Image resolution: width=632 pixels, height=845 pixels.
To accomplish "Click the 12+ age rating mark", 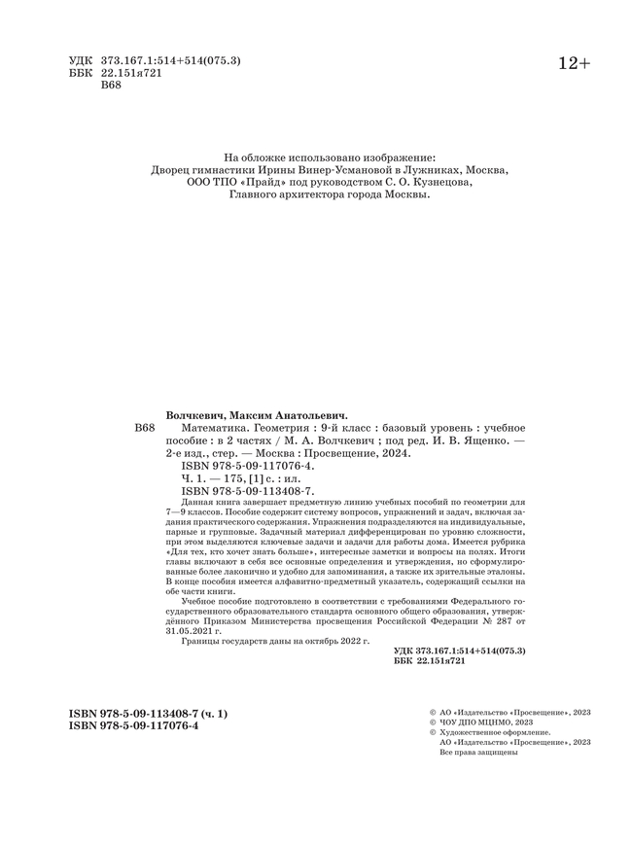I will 574,63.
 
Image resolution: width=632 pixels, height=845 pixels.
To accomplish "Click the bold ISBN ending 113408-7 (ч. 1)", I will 149,714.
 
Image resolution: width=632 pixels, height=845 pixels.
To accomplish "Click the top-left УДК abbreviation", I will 81,60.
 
